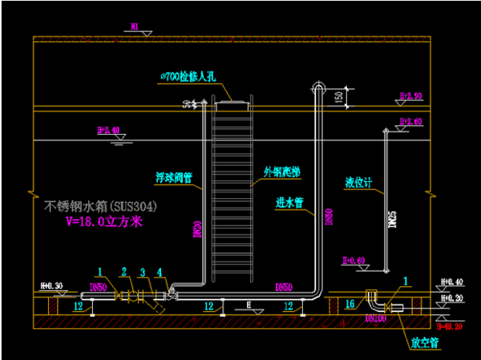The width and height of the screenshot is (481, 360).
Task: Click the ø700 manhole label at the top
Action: coord(188,75)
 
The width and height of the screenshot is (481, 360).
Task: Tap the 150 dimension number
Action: coord(340,96)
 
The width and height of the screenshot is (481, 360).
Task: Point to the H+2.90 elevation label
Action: coord(410,96)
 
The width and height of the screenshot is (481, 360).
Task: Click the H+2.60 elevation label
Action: coord(410,122)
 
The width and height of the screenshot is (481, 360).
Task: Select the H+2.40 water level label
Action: coord(107,129)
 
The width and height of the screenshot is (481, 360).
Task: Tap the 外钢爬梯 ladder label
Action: coord(280,172)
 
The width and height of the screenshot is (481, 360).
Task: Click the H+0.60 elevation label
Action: coord(354,261)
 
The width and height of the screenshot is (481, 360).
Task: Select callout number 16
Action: coord(349,305)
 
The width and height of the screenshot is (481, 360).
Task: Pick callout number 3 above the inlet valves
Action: coord(143,272)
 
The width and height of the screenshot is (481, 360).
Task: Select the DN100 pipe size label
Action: coord(376,319)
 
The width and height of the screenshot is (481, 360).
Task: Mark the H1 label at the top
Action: coord(135,26)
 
